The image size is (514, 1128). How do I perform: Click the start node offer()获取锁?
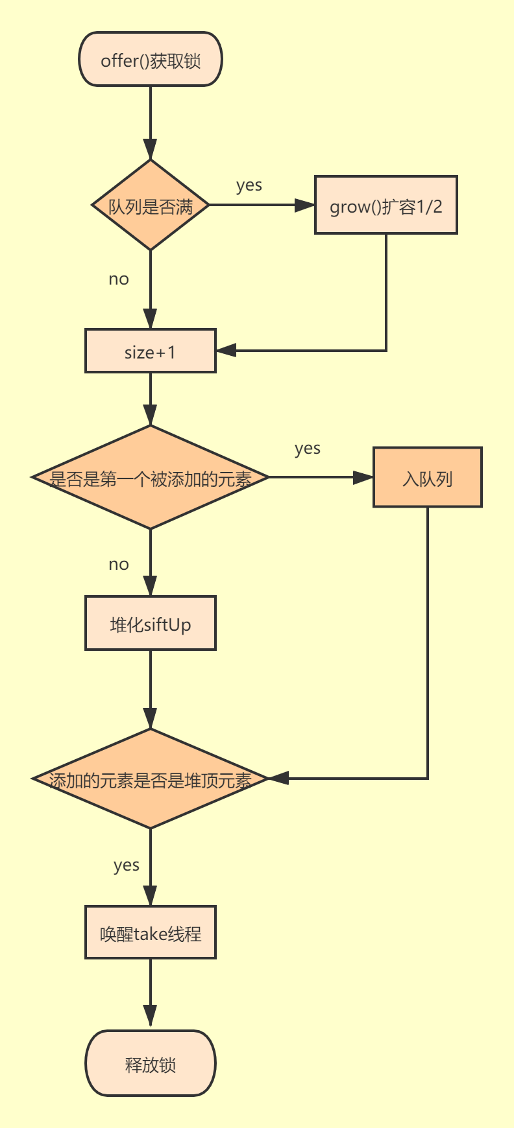[x=151, y=60]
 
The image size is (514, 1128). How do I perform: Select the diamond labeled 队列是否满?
[x=151, y=206]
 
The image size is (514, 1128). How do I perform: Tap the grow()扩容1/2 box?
[x=386, y=206]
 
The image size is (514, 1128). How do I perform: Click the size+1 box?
[x=151, y=351]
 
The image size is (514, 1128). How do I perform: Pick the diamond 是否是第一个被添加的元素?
[x=151, y=478]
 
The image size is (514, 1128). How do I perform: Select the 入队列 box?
[x=428, y=478]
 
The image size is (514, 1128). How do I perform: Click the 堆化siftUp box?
[x=151, y=624]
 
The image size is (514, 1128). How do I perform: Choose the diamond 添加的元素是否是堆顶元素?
[x=151, y=779]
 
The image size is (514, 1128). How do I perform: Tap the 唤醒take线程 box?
[x=151, y=933]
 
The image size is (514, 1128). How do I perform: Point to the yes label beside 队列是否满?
[x=249, y=185]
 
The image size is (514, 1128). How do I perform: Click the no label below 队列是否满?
[x=119, y=279]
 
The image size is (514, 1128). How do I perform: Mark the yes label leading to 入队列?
[x=308, y=449]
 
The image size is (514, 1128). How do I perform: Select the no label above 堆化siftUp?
[x=119, y=565]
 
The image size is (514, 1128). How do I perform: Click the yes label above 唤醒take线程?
[x=127, y=865]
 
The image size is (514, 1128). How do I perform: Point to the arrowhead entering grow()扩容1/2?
[x=305, y=206]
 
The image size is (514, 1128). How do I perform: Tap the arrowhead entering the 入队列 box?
[x=363, y=478]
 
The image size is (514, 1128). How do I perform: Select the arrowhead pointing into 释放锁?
[x=151, y=1016]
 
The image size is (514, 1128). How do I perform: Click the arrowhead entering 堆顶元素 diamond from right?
[x=278, y=779]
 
